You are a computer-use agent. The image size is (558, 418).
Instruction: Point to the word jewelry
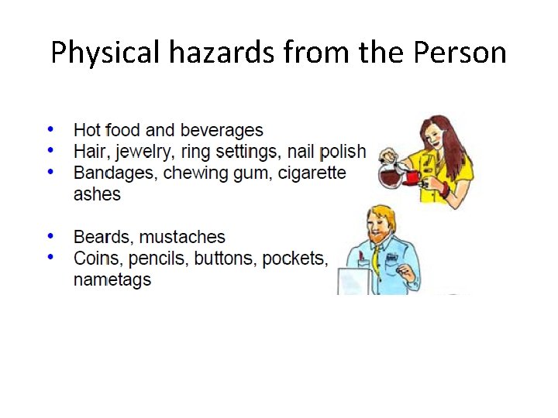pyautogui.click(x=146, y=151)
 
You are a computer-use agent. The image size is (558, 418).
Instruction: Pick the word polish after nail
pyautogui.click(x=343, y=151)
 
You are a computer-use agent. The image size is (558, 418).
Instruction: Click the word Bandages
pyautogui.click(x=115, y=172)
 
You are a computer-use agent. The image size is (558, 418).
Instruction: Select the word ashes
pyautogui.click(x=97, y=194)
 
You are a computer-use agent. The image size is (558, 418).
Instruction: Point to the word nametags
pyautogui.click(x=112, y=279)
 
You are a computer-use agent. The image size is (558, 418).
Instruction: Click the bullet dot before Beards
pyautogui.click(x=50, y=235)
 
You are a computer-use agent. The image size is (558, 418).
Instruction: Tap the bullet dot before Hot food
pyautogui.click(x=50, y=128)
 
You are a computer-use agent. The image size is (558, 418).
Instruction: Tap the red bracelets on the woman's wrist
pyautogui.click(x=443, y=187)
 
